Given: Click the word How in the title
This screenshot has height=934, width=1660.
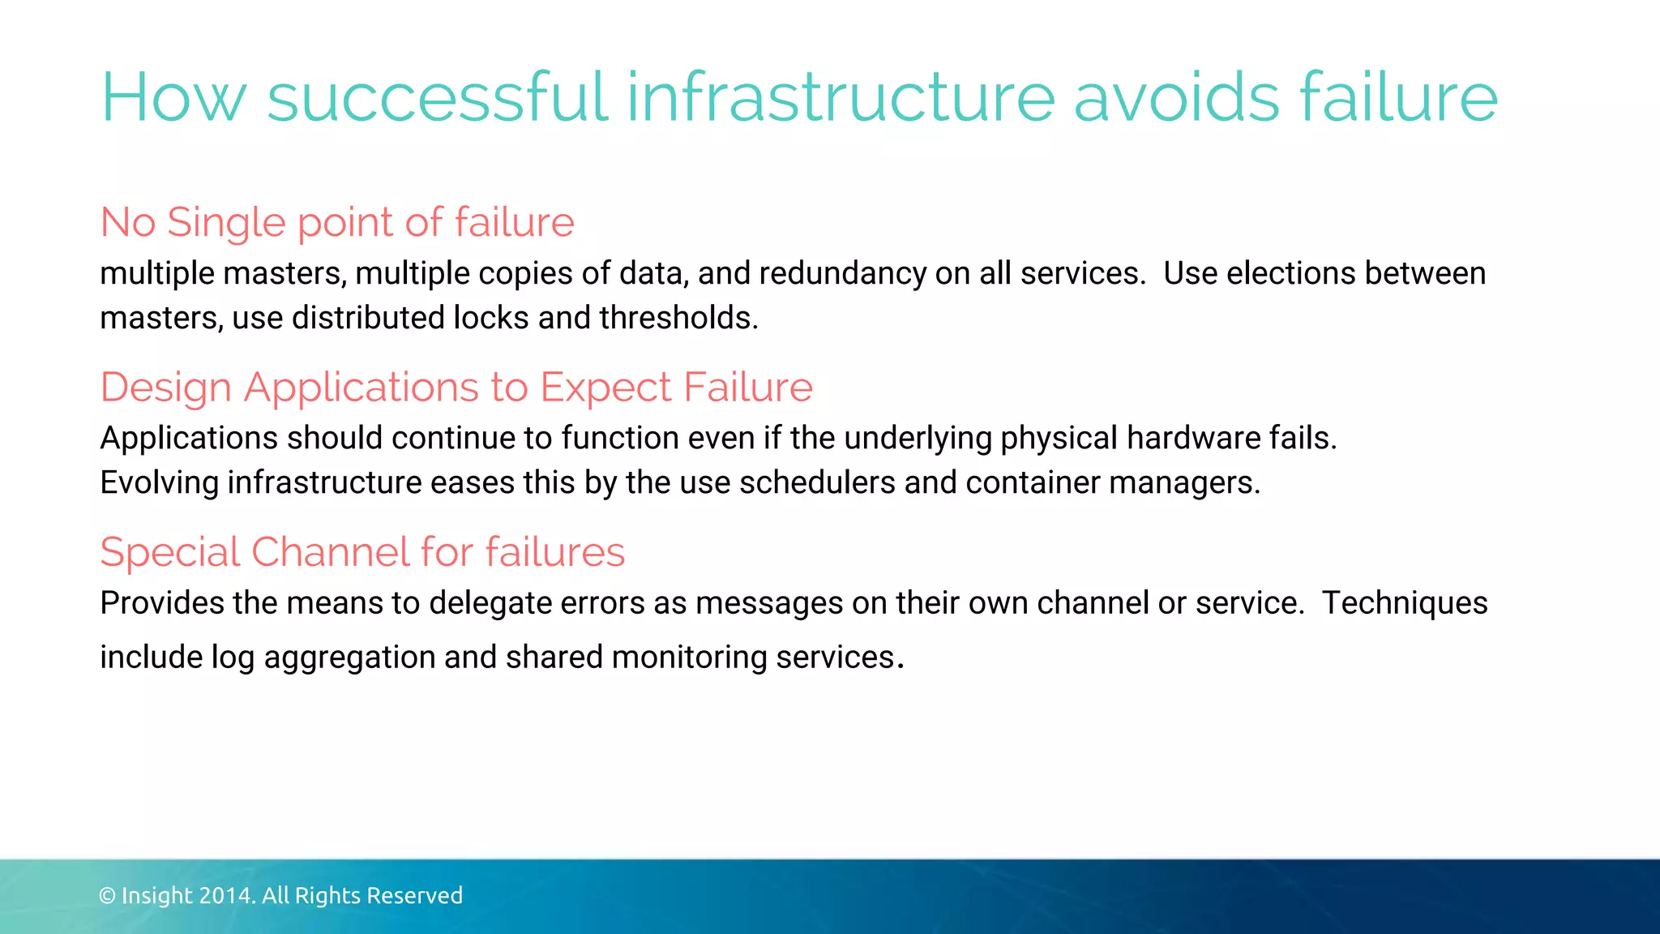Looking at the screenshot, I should tap(173, 98).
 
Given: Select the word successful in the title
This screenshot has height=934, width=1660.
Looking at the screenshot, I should tap(438, 98).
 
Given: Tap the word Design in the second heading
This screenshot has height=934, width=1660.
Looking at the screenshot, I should tap(166, 388).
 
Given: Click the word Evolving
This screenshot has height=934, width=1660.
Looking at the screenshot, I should tap(160, 483).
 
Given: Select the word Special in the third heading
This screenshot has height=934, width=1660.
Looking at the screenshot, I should tap(170, 553).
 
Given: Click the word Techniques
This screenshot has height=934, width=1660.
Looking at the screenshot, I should tap(1405, 604).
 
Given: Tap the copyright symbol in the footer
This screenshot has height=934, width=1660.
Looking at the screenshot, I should tap(107, 896).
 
